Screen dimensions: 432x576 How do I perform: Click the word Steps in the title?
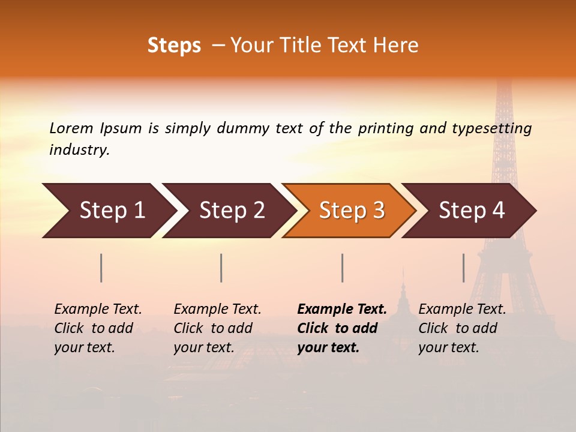coord(174,46)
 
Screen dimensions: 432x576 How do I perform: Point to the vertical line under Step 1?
coord(101,268)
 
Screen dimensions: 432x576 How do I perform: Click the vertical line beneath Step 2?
coord(221,268)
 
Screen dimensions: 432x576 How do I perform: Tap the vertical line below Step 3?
coord(342,268)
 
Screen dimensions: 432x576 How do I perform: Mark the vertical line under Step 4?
coord(463,268)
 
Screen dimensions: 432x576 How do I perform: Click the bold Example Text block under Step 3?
coord(342,328)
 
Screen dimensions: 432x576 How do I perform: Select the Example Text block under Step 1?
coord(98,328)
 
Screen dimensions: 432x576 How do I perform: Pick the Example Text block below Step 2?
coord(217,328)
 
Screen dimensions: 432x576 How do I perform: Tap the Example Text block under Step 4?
coord(462,328)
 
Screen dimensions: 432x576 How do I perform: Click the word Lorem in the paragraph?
coord(71,128)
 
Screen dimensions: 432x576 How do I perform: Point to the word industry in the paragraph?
coord(79,150)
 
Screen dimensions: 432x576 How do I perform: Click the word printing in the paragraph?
coord(383,128)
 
